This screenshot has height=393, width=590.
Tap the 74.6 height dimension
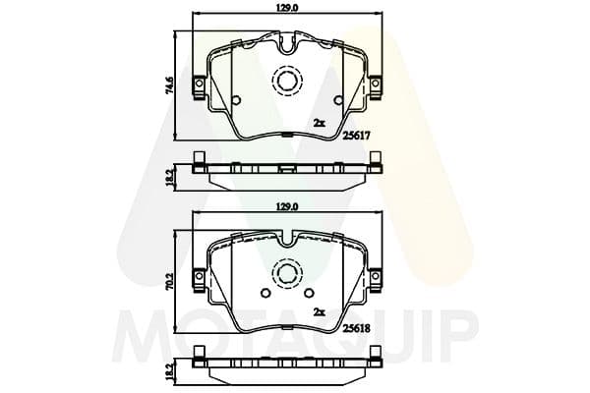(169, 86)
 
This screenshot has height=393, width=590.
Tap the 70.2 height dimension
(169, 281)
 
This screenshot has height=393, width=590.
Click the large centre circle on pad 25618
(288, 274)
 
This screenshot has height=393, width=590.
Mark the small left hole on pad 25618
(263, 294)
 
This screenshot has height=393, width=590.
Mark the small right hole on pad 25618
(310, 294)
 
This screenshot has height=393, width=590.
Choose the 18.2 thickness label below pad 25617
(169, 176)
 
